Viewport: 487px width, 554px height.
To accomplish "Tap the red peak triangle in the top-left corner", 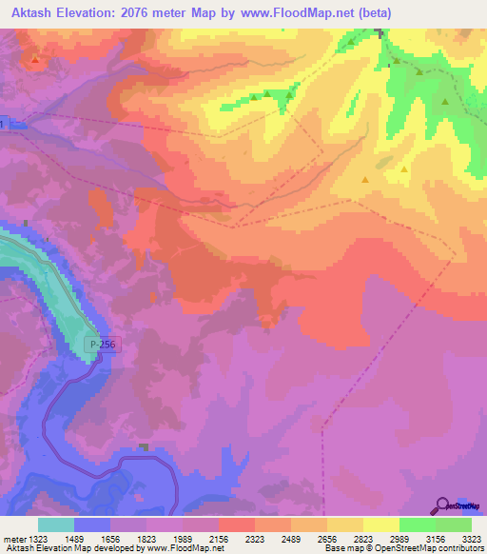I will coord(35,60).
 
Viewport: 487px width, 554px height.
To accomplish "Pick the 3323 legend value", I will coord(473,539).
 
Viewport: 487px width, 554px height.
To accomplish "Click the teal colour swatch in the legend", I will coord(56,524).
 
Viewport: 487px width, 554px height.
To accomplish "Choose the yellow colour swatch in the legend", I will coord(380,524).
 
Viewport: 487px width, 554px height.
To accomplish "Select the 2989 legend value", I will coord(416,539).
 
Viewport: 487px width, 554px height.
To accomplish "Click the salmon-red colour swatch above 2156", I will coord(236,524).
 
